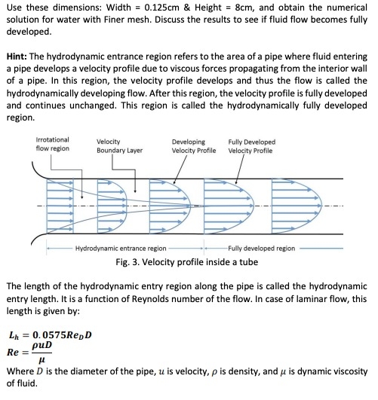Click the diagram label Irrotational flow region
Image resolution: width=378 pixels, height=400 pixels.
coord(53,145)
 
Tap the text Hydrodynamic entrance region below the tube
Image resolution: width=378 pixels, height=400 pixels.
coord(121,248)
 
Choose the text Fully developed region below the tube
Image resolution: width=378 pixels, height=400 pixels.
coord(261,248)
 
